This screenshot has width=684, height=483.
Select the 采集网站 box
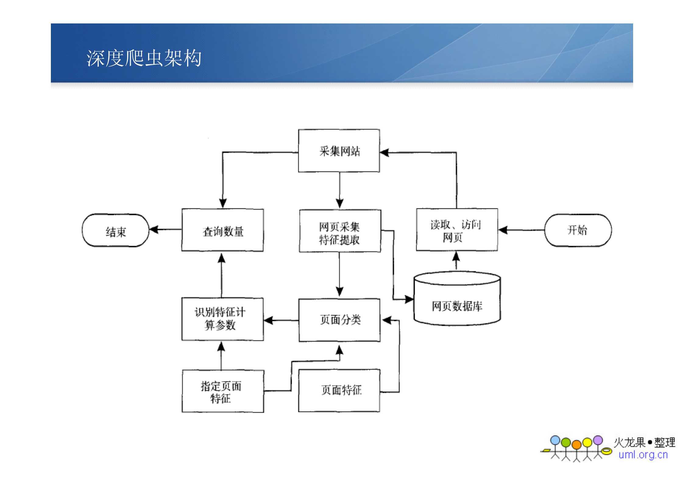339,151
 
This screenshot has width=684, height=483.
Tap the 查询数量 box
222,230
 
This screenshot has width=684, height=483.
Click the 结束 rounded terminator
115,231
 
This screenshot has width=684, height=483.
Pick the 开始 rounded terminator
577,230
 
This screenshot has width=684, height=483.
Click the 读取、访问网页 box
456,230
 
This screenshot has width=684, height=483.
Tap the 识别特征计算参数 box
222,319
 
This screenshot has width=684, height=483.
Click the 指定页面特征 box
222,391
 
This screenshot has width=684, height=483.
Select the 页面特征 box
339,390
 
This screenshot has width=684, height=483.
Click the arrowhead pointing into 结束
154,229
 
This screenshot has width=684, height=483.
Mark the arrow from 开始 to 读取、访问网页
521,230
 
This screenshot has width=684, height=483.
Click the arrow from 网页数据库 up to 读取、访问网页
456,261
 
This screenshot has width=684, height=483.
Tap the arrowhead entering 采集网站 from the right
385,152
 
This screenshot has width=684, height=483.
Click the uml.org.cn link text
643,455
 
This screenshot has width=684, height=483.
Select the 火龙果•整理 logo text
644,442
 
